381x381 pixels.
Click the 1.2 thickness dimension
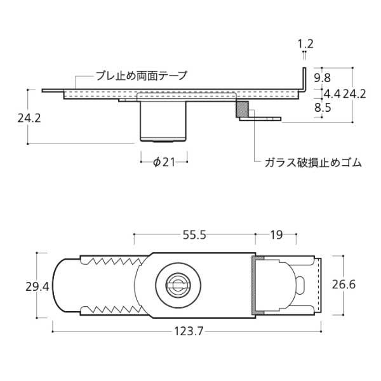tap(305, 44)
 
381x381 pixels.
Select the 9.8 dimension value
tap(323, 78)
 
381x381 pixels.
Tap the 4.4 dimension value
tap(332, 94)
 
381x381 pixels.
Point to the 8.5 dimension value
tap(323, 108)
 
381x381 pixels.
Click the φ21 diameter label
tap(164, 162)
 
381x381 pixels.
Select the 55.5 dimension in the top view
tap(194, 235)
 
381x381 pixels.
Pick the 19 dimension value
tap(276, 235)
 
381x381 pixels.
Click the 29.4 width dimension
tap(37, 286)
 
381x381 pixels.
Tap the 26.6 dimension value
tap(344, 284)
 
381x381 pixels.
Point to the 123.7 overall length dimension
tap(189, 331)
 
